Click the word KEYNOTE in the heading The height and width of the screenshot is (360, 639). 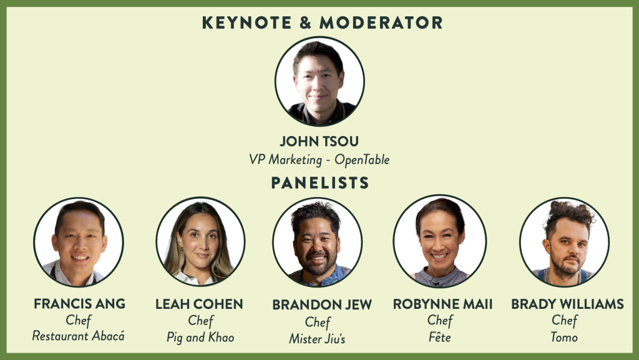click(x=247, y=23)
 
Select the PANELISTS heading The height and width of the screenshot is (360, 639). click(x=320, y=183)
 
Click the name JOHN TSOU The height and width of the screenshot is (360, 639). click(x=319, y=141)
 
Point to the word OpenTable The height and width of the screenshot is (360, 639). click(x=362, y=160)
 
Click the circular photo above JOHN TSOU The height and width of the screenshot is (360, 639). click(x=319, y=81)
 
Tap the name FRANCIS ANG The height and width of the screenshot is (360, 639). click(x=79, y=304)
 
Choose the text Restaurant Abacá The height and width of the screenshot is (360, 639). click(x=78, y=336)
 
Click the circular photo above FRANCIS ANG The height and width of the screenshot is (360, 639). click(x=79, y=242)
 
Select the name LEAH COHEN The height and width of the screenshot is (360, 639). click(x=199, y=304)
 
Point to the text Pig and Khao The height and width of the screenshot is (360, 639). click(x=200, y=338)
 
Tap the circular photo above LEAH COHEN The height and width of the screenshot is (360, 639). click(x=200, y=241)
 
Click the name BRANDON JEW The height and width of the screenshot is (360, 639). click(x=322, y=305)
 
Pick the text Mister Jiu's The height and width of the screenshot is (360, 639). click(x=317, y=339)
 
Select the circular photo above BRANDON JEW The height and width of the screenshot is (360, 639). click(x=318, y=242)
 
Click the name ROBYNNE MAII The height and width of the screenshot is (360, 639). click(x=442, y=304)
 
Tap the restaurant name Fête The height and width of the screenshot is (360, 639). click(x=440, y=337)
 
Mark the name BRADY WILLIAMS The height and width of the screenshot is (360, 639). click(x=567, y=304)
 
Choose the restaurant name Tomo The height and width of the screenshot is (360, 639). click(x=564, y=337)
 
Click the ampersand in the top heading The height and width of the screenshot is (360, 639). click(x=305, y=23)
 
